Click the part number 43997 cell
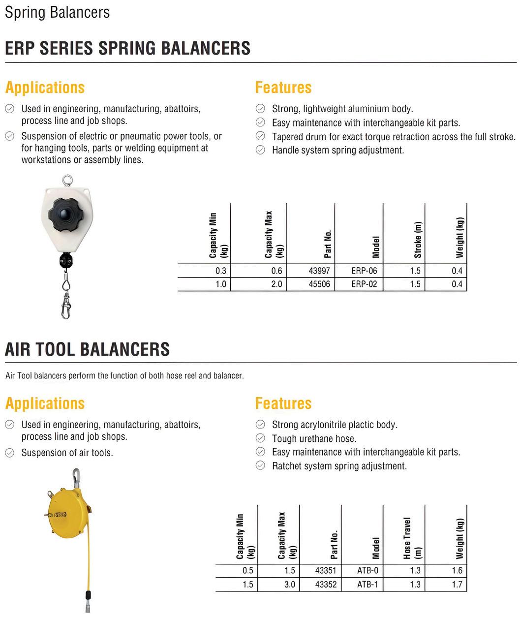[319, 271]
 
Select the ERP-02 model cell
[364, 284]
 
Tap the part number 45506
[319, 284]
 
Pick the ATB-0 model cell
[368, 570]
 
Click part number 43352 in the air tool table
[326, 584]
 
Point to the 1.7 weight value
[457, 584]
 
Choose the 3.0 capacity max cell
[289, 584]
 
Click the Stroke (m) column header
[418, 240]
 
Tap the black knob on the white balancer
[66, 213]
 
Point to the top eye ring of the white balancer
[66, 180]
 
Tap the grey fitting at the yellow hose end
[88, 598]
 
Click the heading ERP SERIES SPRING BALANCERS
[127, 48]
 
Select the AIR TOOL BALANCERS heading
[87, 349]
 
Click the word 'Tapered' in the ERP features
[288, 137]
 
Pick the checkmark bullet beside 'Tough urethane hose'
[260, 438]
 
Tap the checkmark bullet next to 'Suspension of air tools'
[9, 453]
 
